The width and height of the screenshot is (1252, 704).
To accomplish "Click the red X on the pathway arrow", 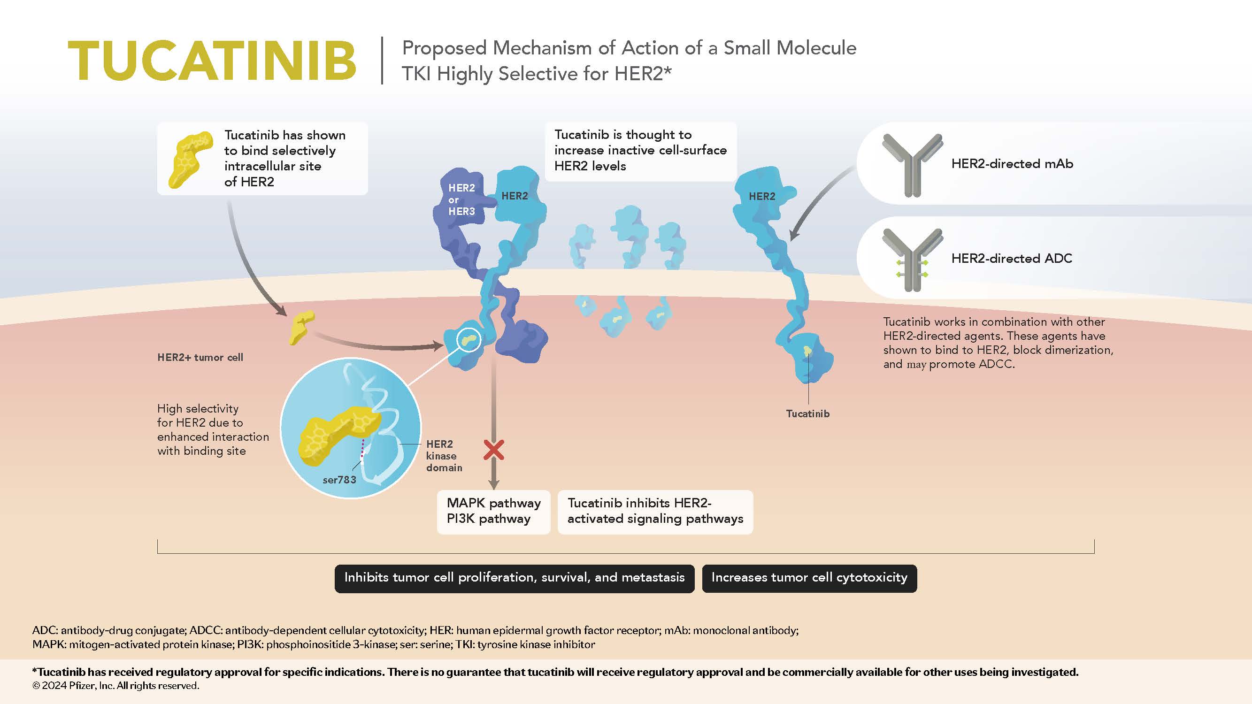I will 494,450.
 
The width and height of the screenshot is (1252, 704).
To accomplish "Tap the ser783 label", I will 339,480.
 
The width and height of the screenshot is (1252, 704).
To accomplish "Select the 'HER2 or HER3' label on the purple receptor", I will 461,199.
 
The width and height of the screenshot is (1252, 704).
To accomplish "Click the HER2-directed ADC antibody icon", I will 912,260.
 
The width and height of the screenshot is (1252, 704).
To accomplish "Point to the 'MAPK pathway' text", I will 493,503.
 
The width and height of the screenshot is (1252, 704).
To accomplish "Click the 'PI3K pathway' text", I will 489,519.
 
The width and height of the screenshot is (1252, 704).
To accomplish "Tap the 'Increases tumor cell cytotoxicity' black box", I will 809,578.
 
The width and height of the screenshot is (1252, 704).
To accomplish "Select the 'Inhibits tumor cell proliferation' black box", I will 514,578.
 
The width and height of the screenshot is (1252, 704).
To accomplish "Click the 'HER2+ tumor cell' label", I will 200,358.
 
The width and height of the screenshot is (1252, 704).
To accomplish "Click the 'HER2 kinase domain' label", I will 443,456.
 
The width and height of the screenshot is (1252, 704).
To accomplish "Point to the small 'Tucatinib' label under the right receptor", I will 808,414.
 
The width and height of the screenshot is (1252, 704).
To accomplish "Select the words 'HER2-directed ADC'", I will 1012,259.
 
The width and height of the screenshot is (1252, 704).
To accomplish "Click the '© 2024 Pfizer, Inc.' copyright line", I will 115,686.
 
